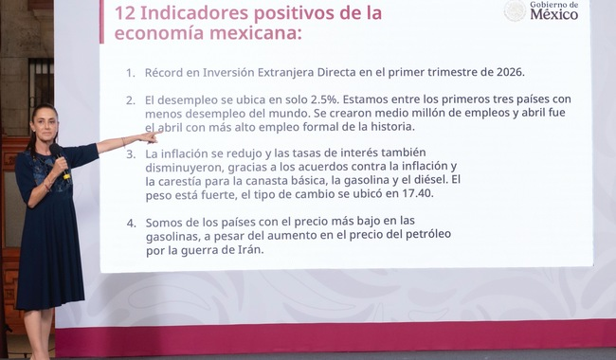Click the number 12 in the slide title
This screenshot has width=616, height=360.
(125, 12)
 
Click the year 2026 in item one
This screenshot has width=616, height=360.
(510, 73)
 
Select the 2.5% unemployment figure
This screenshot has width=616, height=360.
(324, 99)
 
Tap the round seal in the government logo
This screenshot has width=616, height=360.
(515, 10)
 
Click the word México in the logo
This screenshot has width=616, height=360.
(554, 14)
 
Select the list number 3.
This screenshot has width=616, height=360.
(131, 154)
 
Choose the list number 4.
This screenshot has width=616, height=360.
(131, 224)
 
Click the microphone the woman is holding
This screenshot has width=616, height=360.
(60, 160)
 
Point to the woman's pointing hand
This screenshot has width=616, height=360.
(150, 136)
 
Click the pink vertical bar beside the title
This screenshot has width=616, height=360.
(101, 22)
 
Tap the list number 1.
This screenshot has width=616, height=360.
(131, 73)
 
